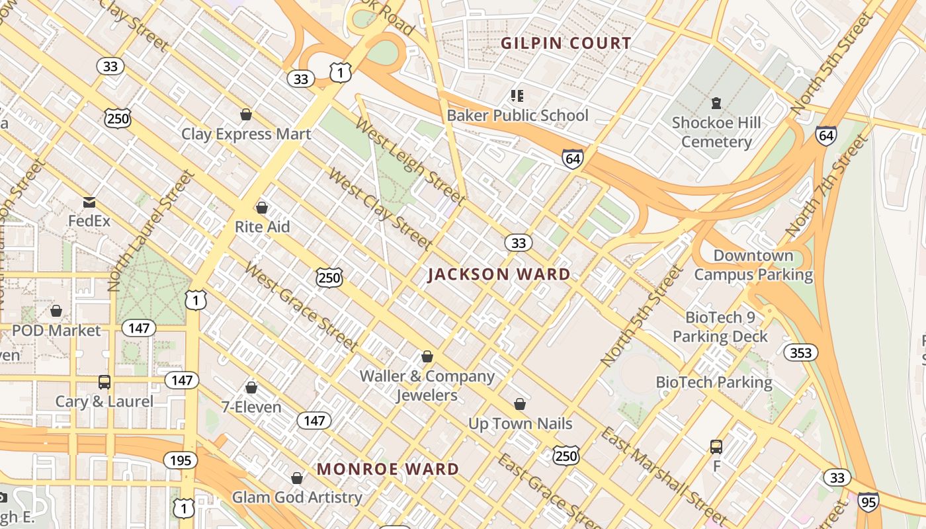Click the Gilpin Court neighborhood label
pos(566,44)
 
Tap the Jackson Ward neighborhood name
pos(499,274)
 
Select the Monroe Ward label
pos(388,469)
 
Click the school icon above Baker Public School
pos(517,96)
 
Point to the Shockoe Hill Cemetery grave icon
pos(716,103)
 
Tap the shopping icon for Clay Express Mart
pos(246,114)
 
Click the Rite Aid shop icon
pos(262,208)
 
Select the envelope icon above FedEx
pos(89,202)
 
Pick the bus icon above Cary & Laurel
pos(104,382)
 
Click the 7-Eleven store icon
pos(251,387)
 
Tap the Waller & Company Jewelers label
pos(427,386)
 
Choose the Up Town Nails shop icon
pos(520,404)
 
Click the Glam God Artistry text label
pos(297,497)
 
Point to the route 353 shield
pos(800,353)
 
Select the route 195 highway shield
pos(180,460)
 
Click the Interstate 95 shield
pos(868,501)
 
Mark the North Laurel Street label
pos(151,230)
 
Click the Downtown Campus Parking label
pos(753,265)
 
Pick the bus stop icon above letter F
pos(716,447)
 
